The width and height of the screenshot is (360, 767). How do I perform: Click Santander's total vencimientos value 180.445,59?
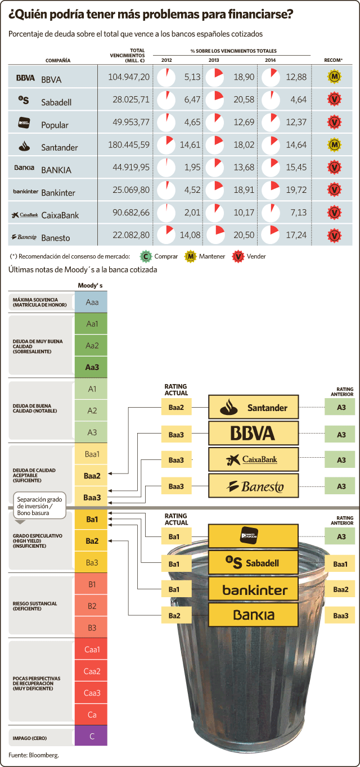click(129, 145)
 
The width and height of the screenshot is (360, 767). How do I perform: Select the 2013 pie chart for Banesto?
click(215, 234)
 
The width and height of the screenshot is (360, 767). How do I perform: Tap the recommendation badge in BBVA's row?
click(334, 76)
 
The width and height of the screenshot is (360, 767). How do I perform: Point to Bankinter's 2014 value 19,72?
click(296, 190)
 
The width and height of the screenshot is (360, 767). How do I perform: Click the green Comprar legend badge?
click(146, 256)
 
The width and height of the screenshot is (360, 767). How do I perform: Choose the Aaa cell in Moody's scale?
click(92, 302)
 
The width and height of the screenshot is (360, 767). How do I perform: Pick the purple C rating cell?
click(92, 736)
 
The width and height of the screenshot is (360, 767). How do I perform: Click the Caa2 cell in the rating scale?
click(92, 671)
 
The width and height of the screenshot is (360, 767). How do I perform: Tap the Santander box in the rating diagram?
click(254, 407)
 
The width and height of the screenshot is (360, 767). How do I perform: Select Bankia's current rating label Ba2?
click(176, 616)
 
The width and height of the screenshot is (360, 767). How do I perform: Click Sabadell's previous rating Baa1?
click(340, 564)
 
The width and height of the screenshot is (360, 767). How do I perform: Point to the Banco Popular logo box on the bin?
click(254, 536)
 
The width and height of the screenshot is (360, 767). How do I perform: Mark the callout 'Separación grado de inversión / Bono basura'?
click(39, 506)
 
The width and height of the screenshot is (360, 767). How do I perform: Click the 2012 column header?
click(166, 60)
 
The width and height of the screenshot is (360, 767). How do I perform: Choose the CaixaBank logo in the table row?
click(25, 215)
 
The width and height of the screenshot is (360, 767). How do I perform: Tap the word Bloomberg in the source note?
click(43, 755)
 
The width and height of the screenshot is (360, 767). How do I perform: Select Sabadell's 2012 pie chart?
click(166, 100)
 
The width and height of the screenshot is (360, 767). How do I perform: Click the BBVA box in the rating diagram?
click(254, 433)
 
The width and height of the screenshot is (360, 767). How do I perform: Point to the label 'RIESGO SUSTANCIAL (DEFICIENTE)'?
click(35, 606)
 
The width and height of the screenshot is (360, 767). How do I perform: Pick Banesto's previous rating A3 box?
click(340, 486)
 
